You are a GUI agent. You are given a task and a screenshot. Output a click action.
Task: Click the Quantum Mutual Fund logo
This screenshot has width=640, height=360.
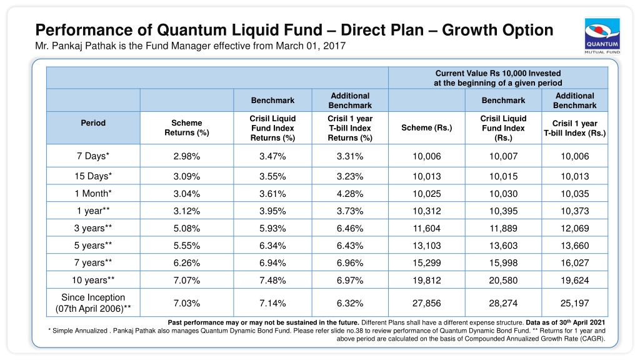click(x=602, y=36)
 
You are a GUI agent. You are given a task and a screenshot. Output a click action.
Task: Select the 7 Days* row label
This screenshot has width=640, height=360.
click(x=93, y=156)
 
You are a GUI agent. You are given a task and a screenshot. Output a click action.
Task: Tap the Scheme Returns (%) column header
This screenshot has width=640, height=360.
click(x=186, y=127)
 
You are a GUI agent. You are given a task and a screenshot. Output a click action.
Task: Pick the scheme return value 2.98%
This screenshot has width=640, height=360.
click(x=186, y=156)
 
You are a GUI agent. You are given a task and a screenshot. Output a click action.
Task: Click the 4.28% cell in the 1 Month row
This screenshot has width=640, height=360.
click(x=350, y=194)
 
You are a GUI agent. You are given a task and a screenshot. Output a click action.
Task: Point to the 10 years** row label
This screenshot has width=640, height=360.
click(x=93, y=281)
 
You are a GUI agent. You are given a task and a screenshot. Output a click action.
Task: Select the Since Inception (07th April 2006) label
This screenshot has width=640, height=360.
click(x=93, y=303)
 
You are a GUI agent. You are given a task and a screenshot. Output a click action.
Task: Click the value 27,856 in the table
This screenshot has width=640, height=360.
click(x=426, y=303)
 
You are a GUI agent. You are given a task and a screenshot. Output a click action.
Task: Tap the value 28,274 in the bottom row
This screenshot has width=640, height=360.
click(x=503, y=303)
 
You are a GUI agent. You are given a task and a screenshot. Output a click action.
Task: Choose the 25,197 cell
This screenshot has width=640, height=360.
click(x=575, y=303)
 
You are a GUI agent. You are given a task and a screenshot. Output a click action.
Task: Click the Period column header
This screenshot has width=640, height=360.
click(x=93, y=123)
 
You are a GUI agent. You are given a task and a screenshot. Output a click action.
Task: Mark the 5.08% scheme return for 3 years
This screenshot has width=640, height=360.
click(x=186, y=229)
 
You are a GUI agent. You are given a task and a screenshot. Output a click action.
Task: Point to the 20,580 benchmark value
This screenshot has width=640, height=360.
click(x=503, y=281)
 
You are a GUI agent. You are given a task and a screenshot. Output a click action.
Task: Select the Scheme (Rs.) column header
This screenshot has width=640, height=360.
click(x=426, y=127)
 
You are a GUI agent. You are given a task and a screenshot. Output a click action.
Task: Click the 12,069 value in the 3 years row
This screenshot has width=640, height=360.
click(x=575, y=229)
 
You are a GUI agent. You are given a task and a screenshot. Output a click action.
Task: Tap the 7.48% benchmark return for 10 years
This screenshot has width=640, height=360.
click(x=272, y=281)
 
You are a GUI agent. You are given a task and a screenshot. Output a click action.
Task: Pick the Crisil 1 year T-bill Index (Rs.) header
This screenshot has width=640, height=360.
click(x=575, y=128)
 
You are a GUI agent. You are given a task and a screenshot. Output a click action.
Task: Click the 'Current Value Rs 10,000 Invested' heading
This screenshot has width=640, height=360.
click(x=498, y=74)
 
